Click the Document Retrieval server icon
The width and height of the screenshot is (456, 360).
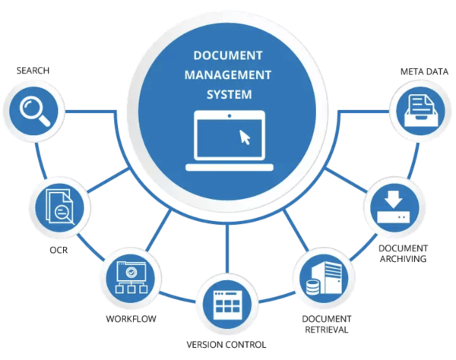point(319,276)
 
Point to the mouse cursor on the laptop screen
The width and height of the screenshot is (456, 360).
point(245,137)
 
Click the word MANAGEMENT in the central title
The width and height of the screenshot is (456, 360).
point(228,75)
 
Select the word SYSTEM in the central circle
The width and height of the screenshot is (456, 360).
point(228,95)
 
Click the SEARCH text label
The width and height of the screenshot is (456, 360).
point(33,71)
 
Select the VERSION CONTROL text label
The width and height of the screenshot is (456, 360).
point(226,344)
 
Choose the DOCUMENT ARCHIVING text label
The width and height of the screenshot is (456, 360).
point(403,254)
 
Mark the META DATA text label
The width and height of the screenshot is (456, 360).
point(424,72)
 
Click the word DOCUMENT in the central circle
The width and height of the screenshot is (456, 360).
point(228,56)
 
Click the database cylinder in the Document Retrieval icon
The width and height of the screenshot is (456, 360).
point(310,286)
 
